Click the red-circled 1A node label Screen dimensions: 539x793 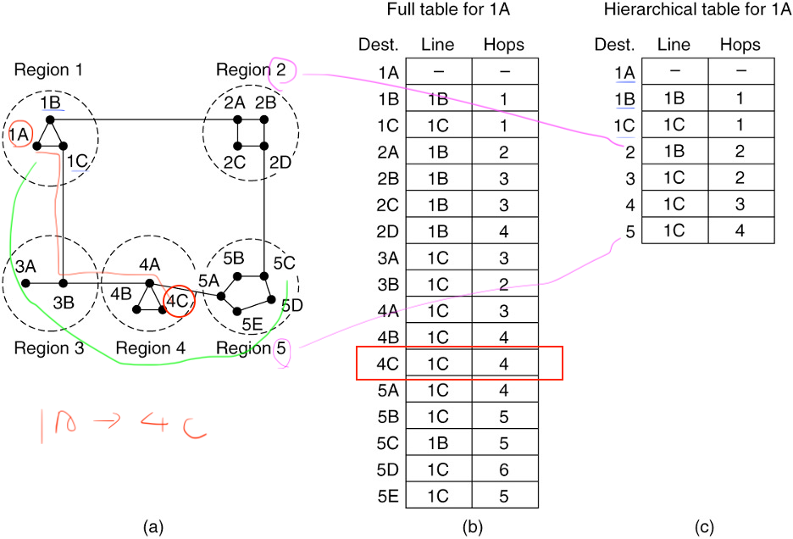(19, 133)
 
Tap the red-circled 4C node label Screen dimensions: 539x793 (177, 300)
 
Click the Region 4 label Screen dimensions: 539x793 (150, 348)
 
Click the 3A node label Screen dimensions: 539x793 (25, 265)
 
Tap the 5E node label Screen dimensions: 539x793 (252, 323)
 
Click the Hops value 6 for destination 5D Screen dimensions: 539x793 (504, 469)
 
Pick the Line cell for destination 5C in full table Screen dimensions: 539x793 (438, 442)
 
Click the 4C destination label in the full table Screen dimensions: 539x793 (387, 364)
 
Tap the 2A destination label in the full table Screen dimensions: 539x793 (387, 153)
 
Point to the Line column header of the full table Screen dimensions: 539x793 (438, 45)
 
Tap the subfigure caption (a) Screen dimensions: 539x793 (153, 527)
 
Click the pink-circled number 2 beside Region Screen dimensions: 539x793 (281, 70)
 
